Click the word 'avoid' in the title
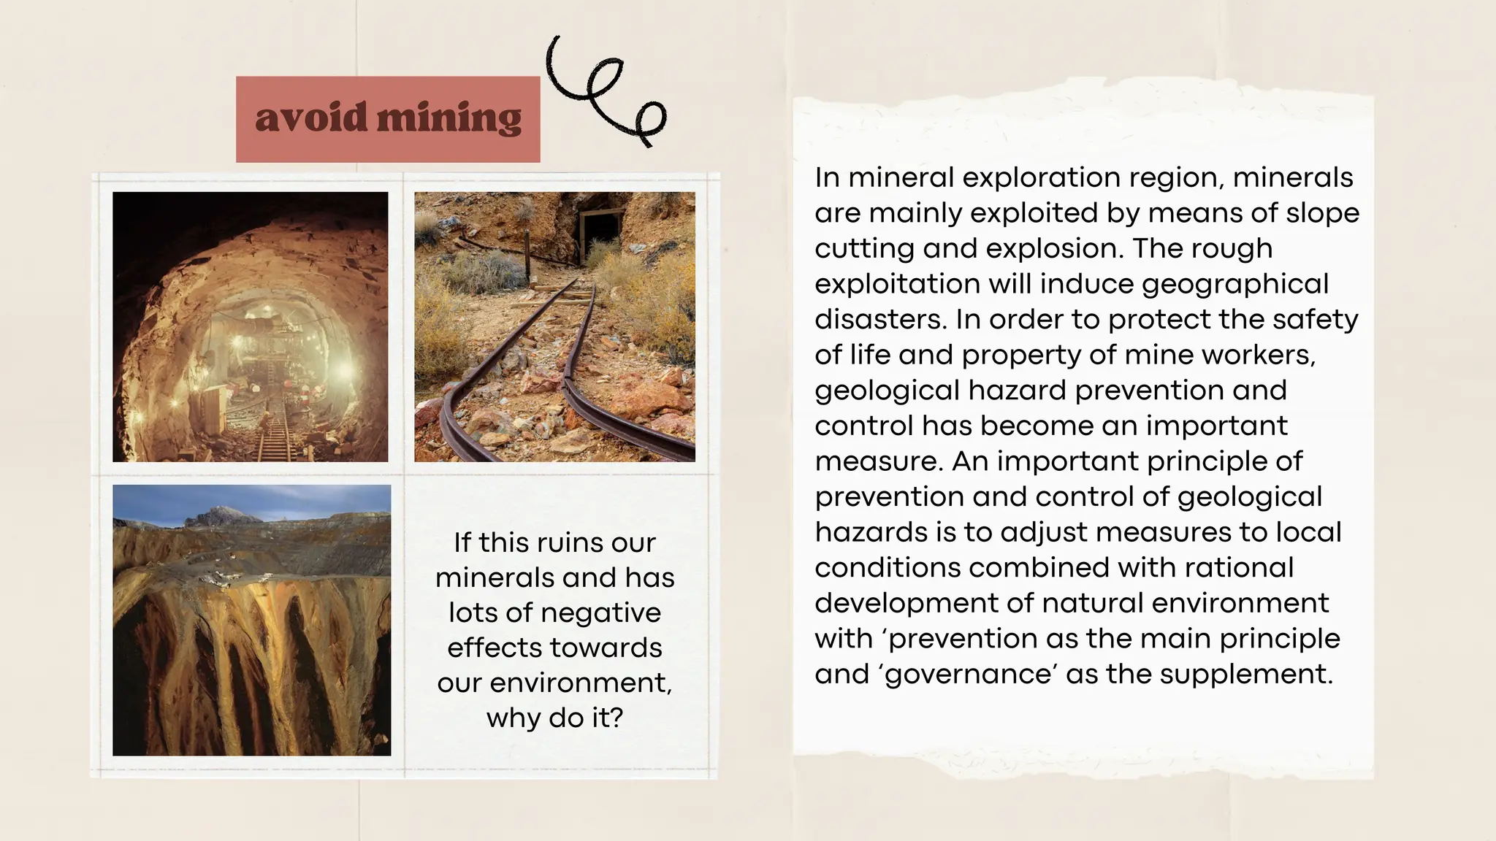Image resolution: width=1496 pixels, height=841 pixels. pyautogui.click(x=310, y=118)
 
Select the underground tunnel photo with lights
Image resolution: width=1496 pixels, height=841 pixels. pyautogui.click(x=251, y=326)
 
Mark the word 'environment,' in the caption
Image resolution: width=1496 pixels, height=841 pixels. pyautogui.click(x=581, y=683)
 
